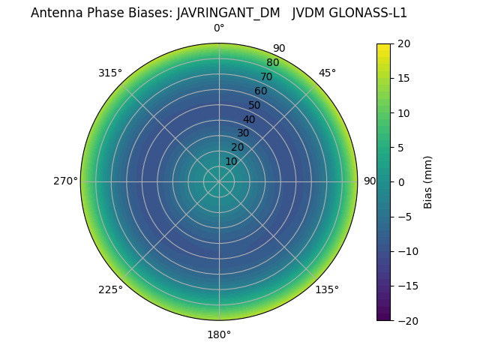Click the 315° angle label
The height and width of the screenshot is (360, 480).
tap(109, 73)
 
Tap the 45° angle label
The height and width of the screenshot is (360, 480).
tap(327, 73)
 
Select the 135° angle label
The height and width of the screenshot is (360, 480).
tap(326, 289)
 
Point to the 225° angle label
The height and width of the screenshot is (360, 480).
tap(110, 289)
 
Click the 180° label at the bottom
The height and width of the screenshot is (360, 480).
tap(219, 334)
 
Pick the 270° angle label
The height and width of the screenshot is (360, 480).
tap(65, 181)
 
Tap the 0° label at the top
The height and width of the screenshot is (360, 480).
tap(219, 28)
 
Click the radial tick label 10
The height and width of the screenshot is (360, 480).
tap(231, 161)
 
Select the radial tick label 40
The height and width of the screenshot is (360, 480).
tap(249, 119)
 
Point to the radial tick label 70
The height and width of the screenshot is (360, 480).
tap(266, 76)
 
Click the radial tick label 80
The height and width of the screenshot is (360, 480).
tap(272, 62)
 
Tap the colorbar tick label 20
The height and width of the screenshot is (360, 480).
tap(403, 43)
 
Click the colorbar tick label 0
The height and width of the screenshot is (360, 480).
tap(401, 181)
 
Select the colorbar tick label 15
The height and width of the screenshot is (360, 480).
tap(403, 78)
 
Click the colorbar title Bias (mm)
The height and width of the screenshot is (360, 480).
tap(428, 181)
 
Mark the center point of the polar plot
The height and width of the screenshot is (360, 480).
tap(219, 181)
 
